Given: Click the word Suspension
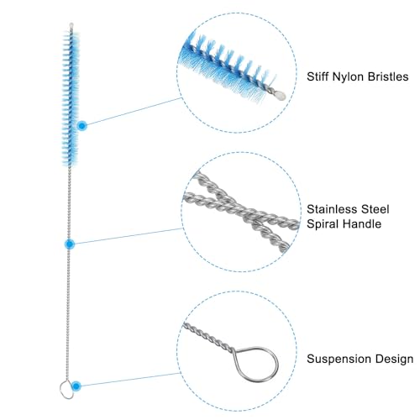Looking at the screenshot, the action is click(339, 360).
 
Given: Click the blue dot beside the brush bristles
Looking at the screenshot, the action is click(81, 126).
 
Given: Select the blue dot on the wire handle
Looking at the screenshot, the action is click(70, 244).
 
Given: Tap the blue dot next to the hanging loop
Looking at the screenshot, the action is click(76, 386).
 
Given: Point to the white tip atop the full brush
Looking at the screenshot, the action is click(71, 26).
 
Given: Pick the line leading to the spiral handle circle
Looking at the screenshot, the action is click(129, 236).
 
